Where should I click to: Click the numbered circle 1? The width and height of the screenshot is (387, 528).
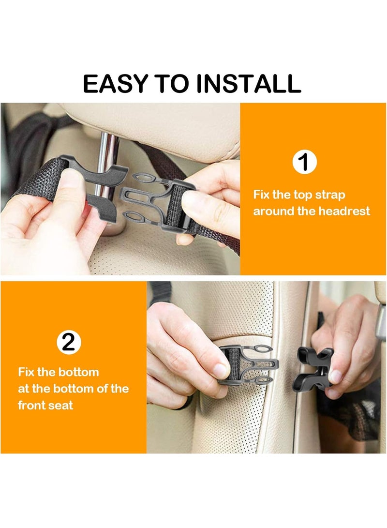point(304,162)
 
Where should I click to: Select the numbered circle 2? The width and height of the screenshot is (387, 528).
point(69,343)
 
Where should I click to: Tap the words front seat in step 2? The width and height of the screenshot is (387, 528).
point(45,405)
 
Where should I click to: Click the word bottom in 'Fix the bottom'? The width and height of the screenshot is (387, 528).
point(78,372)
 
